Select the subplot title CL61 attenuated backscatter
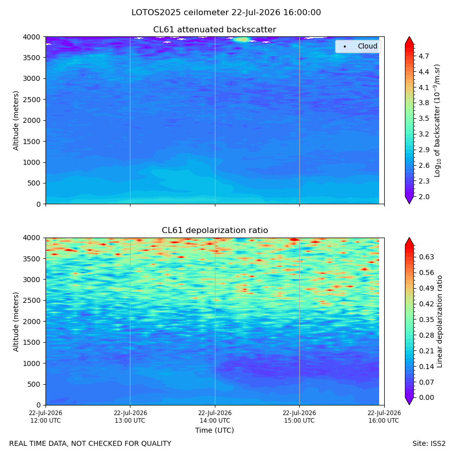214,30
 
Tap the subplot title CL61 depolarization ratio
215,230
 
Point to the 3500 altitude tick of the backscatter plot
32,58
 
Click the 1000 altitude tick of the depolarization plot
32,363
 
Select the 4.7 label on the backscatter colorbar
424,56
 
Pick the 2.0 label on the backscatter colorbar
424,197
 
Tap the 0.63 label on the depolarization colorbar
427,257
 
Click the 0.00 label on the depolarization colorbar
427,397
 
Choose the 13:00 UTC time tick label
130,417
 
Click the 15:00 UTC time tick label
299,417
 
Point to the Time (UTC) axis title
214,430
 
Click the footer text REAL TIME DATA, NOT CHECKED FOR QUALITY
90,444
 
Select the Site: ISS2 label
429,444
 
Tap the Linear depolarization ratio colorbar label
439,322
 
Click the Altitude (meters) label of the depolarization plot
16,322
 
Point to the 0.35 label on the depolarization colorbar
427,320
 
